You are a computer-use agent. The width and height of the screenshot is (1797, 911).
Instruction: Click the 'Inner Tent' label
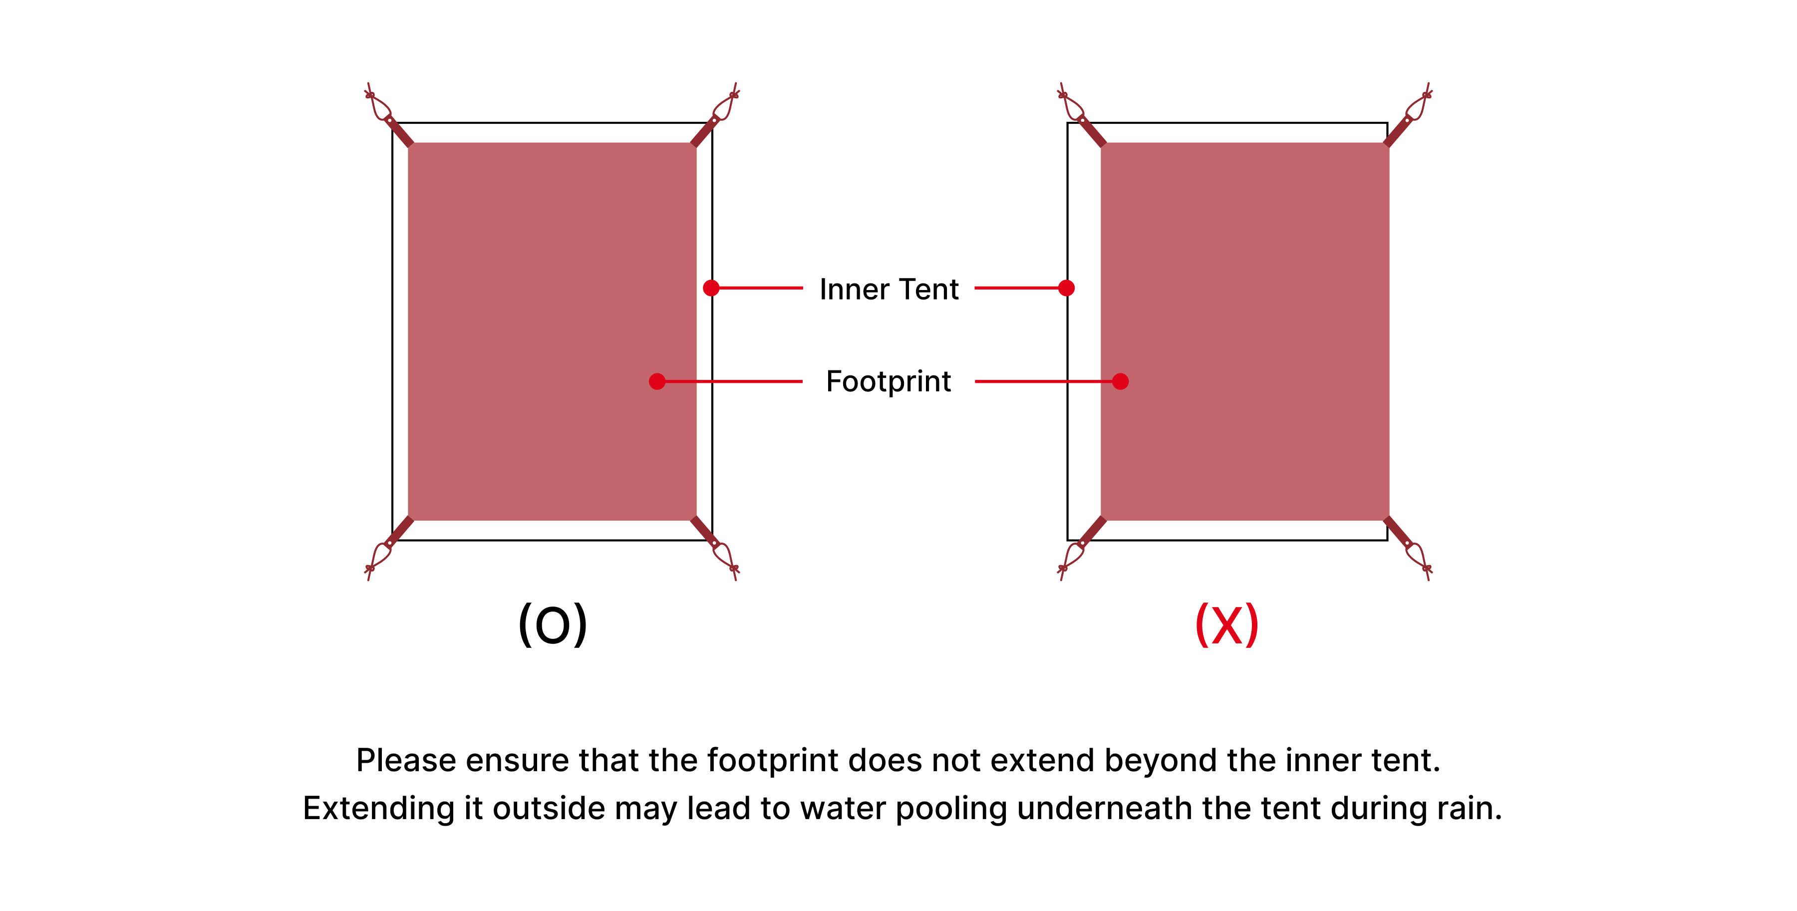[889, 289]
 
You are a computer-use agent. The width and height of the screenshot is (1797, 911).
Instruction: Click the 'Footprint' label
[888, 381]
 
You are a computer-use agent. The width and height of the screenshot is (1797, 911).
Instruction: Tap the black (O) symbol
[553, 624]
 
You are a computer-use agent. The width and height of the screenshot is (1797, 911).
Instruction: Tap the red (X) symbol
[1226, 624]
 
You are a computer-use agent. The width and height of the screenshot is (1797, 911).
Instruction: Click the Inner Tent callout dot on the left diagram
[711, 288]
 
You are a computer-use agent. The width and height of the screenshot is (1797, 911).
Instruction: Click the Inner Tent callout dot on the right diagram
[1066, 288]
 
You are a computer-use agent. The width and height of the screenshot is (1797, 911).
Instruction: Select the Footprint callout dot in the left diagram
[656, 381]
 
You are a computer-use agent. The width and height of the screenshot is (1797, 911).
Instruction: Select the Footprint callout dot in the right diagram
[1120, 381]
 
